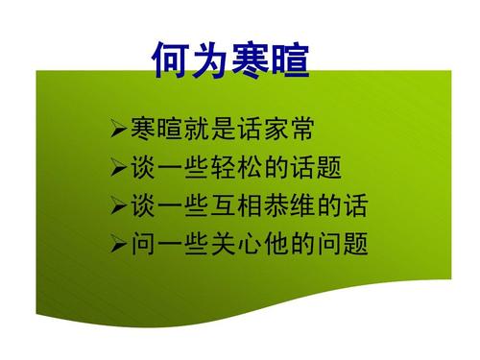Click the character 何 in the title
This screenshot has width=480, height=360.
click(171, 60)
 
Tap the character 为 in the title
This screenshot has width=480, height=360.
click(210, 60)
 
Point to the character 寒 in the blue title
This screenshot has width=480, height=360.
click(250, 60)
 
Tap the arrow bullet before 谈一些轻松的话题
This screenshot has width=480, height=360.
click(118, 167)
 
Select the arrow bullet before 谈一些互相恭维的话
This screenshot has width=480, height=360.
click(118, 205)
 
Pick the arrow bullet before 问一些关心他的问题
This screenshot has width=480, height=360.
click(118, 244)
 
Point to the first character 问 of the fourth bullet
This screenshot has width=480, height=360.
click(141, 244)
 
